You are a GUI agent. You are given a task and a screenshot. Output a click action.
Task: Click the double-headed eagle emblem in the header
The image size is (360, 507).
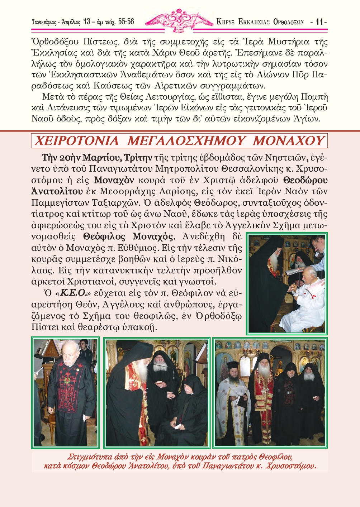[180, 21]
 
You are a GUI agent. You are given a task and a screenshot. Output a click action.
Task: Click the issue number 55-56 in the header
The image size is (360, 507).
[126, 21]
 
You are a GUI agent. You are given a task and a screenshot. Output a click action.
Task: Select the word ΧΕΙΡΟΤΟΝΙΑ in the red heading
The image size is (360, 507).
[76, 141]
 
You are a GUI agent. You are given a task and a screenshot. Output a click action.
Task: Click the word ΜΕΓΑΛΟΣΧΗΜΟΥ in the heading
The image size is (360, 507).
[186, 141]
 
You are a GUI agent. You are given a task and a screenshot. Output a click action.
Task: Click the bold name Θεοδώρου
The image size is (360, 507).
[305, 180]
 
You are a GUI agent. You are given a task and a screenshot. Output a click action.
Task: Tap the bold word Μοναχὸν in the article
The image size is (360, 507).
[114, 180]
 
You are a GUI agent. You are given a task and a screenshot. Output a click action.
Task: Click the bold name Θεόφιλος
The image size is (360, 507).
[104, 236]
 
